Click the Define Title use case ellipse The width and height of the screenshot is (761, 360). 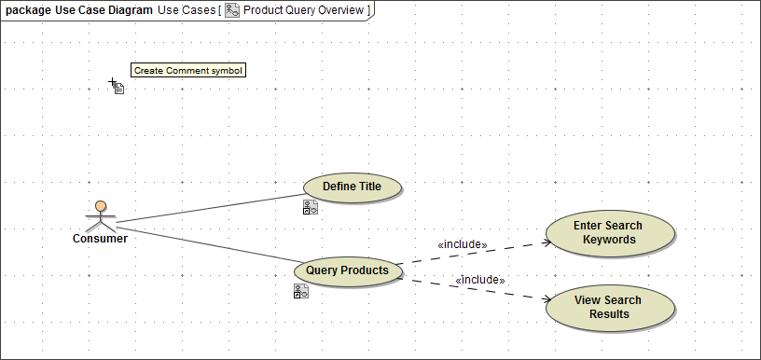click(353, 187)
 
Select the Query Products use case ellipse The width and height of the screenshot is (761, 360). click(347, 270)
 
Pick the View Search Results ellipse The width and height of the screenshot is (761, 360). click(608, 307)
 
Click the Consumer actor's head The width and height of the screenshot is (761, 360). click(101, 206)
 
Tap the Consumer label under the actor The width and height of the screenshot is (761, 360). click(100, 239)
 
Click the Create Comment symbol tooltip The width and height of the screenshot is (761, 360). click(188, 70)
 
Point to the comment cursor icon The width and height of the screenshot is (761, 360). click(118, 88)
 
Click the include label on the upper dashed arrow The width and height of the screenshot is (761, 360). click(463, 244)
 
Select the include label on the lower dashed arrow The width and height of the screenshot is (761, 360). click(479, 279)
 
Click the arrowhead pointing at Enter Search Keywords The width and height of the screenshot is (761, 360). click(547, 242)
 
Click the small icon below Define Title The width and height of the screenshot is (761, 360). click(311, 208)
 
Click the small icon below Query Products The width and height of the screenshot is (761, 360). click(300, 291)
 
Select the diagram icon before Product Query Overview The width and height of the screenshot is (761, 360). click(232, 10)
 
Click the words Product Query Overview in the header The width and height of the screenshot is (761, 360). click(303, 10)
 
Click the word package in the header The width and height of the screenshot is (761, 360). click(28, 10)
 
